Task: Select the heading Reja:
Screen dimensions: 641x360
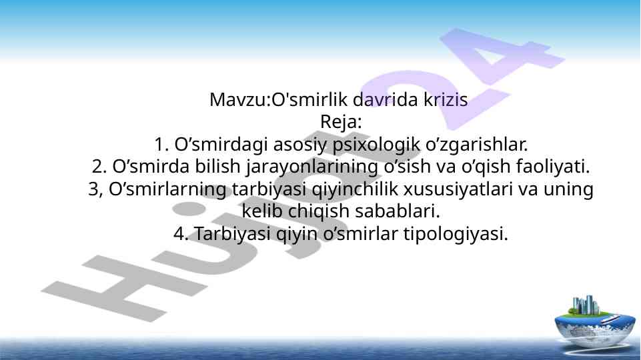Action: pos(341,122)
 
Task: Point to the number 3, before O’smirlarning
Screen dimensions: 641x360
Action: pos(95,189)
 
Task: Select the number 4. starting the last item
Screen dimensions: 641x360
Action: pos(181,234)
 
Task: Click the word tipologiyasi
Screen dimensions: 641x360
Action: pos(456,235)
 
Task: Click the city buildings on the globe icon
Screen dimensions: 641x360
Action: pos(586,305)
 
